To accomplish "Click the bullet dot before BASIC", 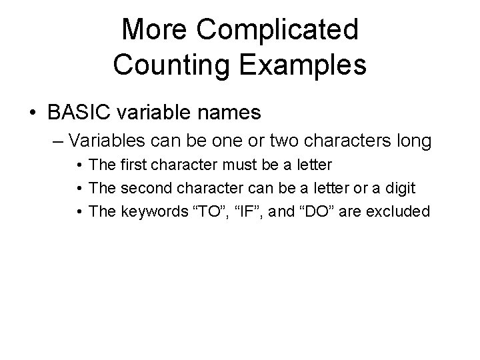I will pos(33,113).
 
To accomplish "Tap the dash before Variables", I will pos(58,141).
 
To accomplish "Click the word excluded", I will pos(403,212).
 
